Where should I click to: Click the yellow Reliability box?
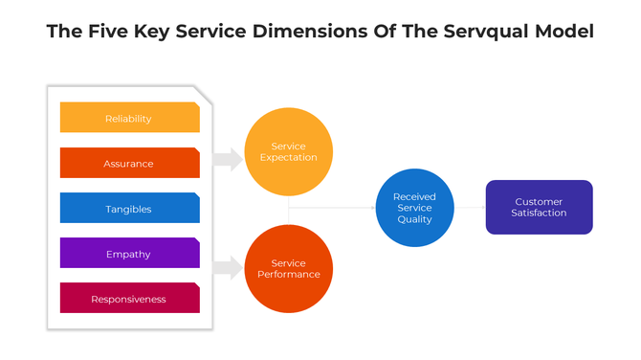[129, 118]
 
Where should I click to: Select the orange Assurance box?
[129, 163]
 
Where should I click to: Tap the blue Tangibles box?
[129, 208]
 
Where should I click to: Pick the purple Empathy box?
[129, 253]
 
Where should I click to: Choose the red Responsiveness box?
[129, 298]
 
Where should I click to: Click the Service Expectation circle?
[288, 152]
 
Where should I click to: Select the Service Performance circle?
[288, 269]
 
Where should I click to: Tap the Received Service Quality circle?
[414, 208]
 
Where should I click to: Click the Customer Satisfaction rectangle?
[539, 207]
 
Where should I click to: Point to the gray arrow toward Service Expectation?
[228, 159]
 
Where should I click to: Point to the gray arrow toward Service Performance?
[228, 267]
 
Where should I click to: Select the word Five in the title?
[111, 32]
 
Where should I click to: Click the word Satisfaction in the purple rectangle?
[539, 213]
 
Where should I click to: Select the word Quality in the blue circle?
[414, 219]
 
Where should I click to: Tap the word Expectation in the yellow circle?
[288, 158]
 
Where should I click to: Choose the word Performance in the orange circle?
[288, 275]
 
